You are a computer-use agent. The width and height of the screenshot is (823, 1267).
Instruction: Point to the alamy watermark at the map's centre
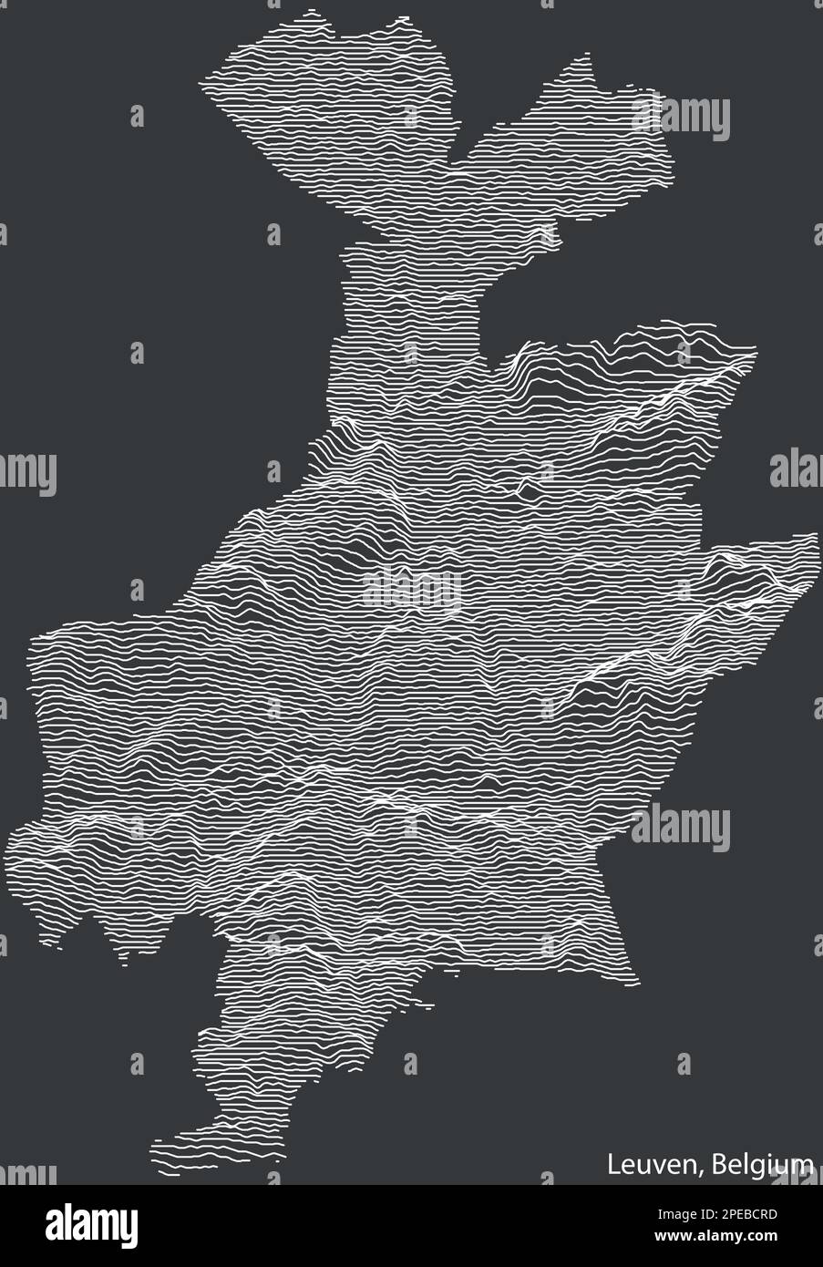coord(411,588)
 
